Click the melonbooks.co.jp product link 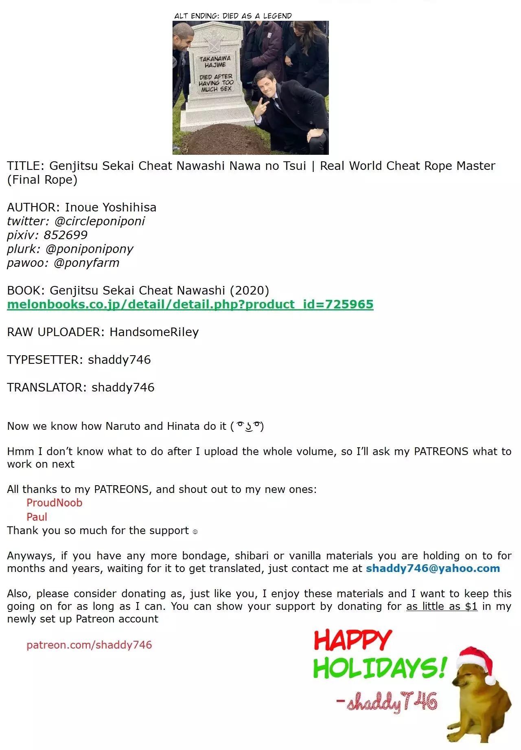(x=190, y=304)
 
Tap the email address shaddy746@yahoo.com (x=433, y=568)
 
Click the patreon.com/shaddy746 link (x=89, y=645)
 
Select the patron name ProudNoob (x=55, y=503)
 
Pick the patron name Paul (x=37, y=517)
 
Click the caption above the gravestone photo (x=233, y=16)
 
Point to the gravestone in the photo (x=216, y=77)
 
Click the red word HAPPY (x=352, y=640)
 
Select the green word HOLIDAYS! (x=379, y=668)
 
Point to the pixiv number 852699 (x=66, y=235)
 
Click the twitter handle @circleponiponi (x=100, y=221)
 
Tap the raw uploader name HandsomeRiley (x=154, y=332)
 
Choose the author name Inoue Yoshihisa (x=110, y=207)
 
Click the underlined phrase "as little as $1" (x=442, y=606)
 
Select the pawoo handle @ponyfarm (x=86, y=263)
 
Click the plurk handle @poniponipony (x=90, y=249)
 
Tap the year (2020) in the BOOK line (x=249, y=290)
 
